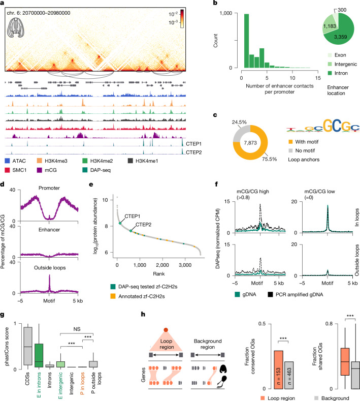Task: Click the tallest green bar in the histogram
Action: point(246,41)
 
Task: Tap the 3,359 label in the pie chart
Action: point(341,37)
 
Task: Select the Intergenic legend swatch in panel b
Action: point(330,64)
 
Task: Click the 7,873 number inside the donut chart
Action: point(250,143)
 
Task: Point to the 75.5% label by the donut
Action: point(269,159)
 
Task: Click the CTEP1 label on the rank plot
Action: point(133,217)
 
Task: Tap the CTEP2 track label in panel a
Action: point(193,152)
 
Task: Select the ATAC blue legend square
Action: point(7,161)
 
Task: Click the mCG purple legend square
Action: point(39,170)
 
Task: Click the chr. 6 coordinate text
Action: point(39,13)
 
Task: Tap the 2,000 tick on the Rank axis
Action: point(162,265)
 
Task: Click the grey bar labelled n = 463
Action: point(289,375)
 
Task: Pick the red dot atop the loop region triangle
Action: point(166,330)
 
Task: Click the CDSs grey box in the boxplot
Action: point(28,346)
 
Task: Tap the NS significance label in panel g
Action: point(77,329)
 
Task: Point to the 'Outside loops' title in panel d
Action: point(50,268)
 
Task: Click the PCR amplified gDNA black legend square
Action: point(270,294)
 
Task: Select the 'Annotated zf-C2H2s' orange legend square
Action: point(113,296)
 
